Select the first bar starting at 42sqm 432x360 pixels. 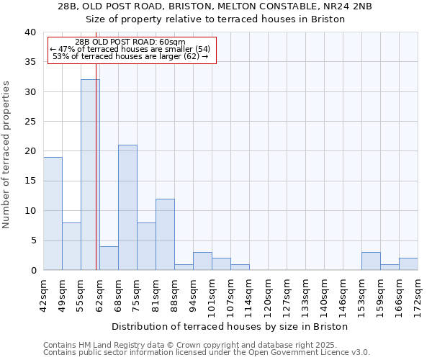[53, 214]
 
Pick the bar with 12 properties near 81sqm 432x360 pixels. [165, 235]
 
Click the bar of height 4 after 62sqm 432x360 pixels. [109, 258]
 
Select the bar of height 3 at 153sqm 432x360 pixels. [371, 261]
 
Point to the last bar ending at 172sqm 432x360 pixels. [408, 264]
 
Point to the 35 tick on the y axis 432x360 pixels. [30, 62]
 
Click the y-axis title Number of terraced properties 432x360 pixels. [7, 155]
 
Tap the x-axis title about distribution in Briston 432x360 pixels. [230, 326]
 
